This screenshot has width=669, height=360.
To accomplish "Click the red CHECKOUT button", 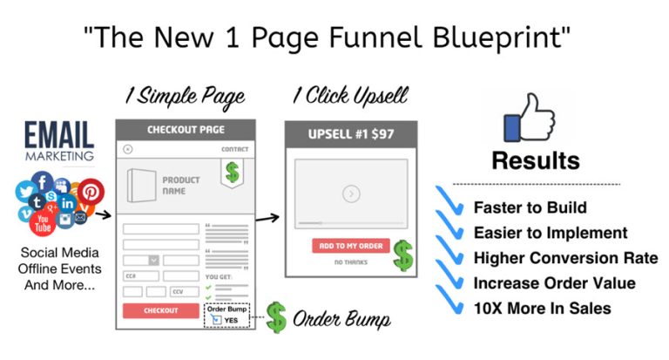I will pos(160,310).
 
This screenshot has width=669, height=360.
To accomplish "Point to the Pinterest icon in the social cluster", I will pos(91,191).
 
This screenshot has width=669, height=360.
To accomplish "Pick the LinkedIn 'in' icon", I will pos(67,204).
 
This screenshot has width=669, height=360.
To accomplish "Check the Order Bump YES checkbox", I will pos(215,318).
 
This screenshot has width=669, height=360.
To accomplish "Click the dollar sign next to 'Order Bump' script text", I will pos(276,318).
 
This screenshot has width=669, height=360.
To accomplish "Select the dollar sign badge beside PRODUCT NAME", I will pos(233,172).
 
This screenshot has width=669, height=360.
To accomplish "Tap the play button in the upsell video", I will pos(351,194).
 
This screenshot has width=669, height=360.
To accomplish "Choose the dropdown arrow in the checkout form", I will pos(153,260).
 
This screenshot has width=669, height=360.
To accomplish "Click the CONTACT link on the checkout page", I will pos(234,150).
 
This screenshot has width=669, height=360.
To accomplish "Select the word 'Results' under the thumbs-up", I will pos(535,161).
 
